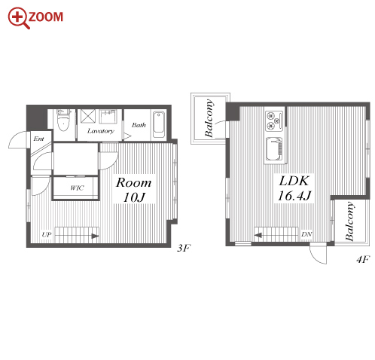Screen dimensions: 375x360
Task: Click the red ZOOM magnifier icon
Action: (x=19, y=18)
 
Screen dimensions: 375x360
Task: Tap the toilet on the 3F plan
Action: (x=62, y=121)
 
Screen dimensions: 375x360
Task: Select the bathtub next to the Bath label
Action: (x=159, y=124)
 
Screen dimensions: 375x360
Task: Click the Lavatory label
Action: (x=100, y=131)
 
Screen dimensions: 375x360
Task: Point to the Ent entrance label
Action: (x=38, y=139)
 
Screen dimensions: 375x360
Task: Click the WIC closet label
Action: (x=77, y=188)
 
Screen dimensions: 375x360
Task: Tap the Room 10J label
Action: (x=134, y=190)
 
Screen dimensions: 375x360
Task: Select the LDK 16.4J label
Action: (x=294, y=188)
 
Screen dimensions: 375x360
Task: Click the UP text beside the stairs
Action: (x=47, y=235)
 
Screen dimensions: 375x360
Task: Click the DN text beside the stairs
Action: (x=306, y=234)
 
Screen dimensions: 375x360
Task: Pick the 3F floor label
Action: (x=184, y=249)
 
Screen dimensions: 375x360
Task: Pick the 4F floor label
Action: (x=363, y=259)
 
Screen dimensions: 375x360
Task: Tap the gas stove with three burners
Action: (x=274, y=121)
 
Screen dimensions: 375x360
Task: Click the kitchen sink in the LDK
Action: (x=274, y=149)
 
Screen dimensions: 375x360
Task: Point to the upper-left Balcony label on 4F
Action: (x=209, y=118)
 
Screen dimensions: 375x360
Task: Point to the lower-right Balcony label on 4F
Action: (x=349, y=221)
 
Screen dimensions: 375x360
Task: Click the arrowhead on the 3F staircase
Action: (x=95, y=236)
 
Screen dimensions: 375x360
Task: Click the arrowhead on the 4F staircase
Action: (x=258, y=236)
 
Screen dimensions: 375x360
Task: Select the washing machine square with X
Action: (x=88, y=116)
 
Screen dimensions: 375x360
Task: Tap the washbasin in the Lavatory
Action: (x=108, y=116)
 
